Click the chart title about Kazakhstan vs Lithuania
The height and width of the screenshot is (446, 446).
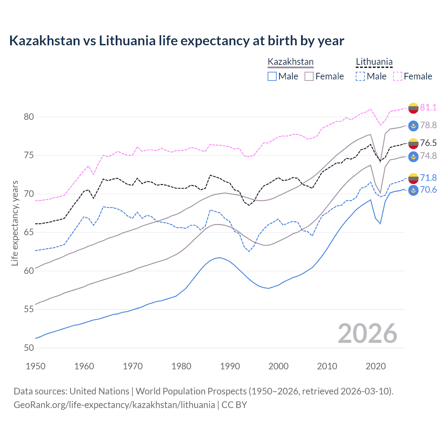coord(177,41)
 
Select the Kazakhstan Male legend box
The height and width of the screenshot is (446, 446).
coord(272,76)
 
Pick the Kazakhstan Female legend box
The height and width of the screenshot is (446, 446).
coord(309,76)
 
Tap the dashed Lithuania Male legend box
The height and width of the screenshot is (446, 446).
coord(360,76)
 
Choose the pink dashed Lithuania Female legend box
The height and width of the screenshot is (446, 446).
coord(398,76)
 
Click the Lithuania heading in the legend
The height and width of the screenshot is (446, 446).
coord(374,62)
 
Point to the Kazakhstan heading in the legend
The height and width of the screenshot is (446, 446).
coord(291,62)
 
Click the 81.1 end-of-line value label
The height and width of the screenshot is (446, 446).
coord(428,107)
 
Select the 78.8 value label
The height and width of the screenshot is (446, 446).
coord(428,125)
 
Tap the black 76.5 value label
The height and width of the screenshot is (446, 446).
coord(428,143)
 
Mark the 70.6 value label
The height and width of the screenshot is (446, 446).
coord(428,190)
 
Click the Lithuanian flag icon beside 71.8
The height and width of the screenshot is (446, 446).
coord(413,178)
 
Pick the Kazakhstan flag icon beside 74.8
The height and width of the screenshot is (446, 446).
coord(413,156)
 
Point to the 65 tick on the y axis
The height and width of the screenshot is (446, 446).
coord(29,232)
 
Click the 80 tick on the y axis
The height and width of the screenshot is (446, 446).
coord(29,117)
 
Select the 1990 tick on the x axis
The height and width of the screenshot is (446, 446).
coord(230,366)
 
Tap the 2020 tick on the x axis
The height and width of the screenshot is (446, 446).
coord(376,366)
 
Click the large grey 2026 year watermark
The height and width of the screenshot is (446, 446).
coord(367,333)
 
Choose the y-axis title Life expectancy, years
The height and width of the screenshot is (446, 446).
coord(15,223)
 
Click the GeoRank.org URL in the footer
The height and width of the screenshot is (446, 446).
coord(114,405)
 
